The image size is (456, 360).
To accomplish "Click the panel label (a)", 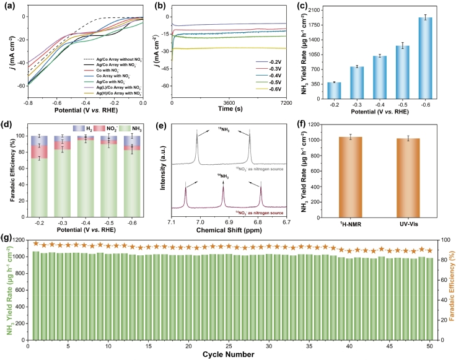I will (x=9, y=7).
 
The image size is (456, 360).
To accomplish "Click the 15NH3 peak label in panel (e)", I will (x=224, y=128).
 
